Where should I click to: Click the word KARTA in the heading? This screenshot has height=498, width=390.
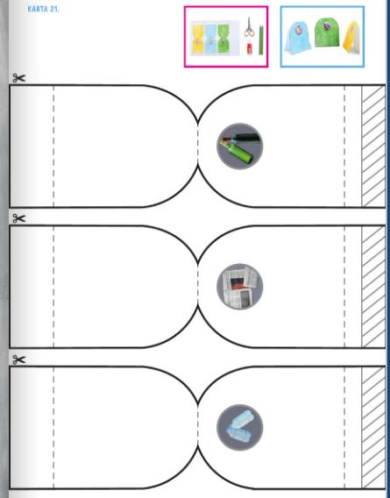pos(38,9)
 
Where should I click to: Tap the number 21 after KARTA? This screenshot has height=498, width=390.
pos(54,9)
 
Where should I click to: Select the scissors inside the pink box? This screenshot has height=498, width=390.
pos(249,28)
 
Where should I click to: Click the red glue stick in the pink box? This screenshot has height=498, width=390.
pos(250,48)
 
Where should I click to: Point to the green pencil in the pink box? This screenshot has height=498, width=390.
pos(261,40)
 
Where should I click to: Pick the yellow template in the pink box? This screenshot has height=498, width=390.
pos(197,38)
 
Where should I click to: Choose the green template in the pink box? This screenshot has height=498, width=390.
pos(224,38)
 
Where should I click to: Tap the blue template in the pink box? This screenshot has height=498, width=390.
pos(211,38)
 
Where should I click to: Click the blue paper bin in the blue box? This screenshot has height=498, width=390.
pos(298,38)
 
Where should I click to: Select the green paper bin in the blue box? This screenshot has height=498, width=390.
pos(327,32)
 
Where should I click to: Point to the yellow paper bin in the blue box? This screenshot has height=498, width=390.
pos(352,37)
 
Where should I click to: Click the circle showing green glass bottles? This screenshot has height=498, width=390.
pos(240,146)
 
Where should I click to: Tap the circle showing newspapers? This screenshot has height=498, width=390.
pos(240,287)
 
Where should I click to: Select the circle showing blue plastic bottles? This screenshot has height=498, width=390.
pos(240,427)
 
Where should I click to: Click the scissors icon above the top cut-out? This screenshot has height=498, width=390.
pos(18,78)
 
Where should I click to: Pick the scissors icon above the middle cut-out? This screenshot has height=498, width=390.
pos(18,218)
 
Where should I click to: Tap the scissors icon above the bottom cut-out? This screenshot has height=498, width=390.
pos(18,359)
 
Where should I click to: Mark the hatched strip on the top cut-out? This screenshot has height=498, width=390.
pos(373,146)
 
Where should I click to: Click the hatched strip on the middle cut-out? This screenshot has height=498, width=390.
pos(373,287)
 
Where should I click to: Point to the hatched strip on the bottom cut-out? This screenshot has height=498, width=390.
pos(373,428)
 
